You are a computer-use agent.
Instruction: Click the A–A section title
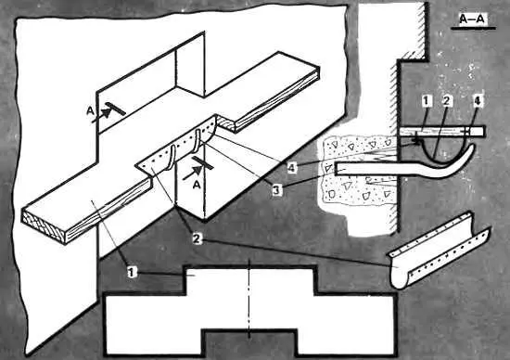point(472,19)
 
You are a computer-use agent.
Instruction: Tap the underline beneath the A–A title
point(473,29)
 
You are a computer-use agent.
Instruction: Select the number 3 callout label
point(276,190)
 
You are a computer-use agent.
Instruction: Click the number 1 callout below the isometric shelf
point(132,272)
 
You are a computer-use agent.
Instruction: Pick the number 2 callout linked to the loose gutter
point(197,238)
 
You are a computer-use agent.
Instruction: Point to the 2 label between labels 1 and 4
point(447,101)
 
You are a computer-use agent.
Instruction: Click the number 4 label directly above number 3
point(292,168)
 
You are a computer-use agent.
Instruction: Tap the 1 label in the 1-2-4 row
point(427,101)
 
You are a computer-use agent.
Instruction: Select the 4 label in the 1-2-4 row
point(477,101)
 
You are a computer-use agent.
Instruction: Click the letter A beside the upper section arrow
point(90,111)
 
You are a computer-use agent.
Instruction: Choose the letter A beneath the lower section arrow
point(197,185)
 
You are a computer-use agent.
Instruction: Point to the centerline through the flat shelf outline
point(249,299)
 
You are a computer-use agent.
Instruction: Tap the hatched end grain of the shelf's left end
point(44,225)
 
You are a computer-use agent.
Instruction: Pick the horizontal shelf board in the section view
point(441,132)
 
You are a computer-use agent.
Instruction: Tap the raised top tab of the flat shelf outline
point(250,280)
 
